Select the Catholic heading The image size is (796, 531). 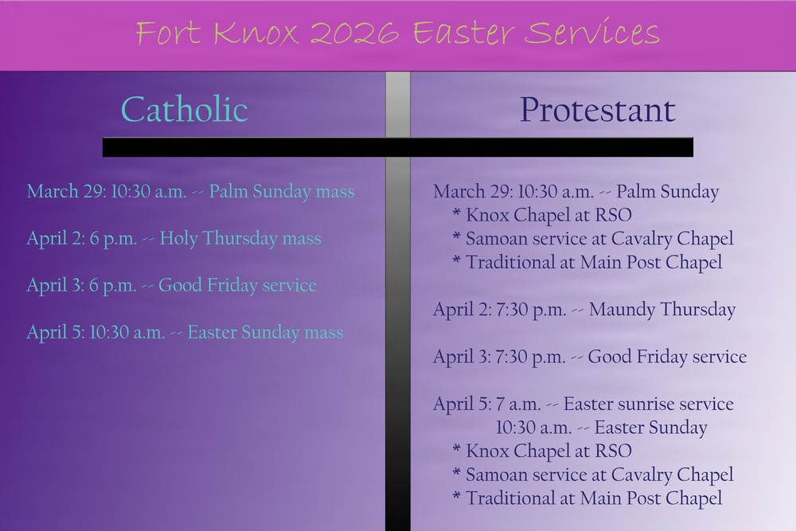coord(185,109)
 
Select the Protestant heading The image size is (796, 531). coord(597,109)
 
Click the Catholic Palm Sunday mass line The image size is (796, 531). coord(190,192)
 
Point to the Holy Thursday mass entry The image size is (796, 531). coord(174,238)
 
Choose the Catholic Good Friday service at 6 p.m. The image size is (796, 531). coord(171,285)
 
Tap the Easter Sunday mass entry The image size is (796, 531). coord(185,332)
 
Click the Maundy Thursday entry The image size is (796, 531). coord(584,310)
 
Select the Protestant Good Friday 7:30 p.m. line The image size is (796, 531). coord(590,357)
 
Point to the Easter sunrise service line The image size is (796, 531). coord(583,404)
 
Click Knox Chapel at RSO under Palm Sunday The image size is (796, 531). coord(542,215)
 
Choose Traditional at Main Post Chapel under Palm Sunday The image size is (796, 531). coord(587,262)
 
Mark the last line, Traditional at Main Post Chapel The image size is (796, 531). coord(587,498)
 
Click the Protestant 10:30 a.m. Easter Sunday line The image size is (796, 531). coord(601,428)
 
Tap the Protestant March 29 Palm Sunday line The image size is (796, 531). coord(576,192)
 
